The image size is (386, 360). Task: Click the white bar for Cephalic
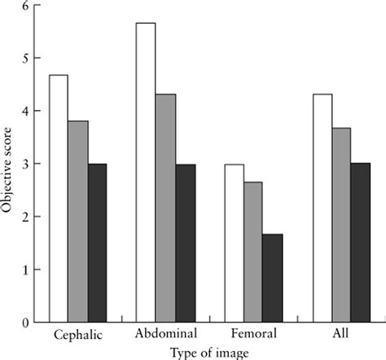click(x=59, y=199)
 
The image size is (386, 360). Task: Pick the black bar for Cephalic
click(x=97, y=243)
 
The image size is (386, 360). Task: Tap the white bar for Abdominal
click(x=147, y=173)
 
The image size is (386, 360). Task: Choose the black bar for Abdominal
click(x=185, y=244)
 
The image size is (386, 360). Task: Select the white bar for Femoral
click(x=235, y=243)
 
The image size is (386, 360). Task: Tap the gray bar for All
click(x=341, y=225)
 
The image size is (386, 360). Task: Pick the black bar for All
click(x=360, y=243)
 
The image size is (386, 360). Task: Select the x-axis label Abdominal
click(x=166, y=335)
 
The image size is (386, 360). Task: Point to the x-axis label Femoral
click(x=253, y=335)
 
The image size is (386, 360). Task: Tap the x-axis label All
click(x=341, y=335)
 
